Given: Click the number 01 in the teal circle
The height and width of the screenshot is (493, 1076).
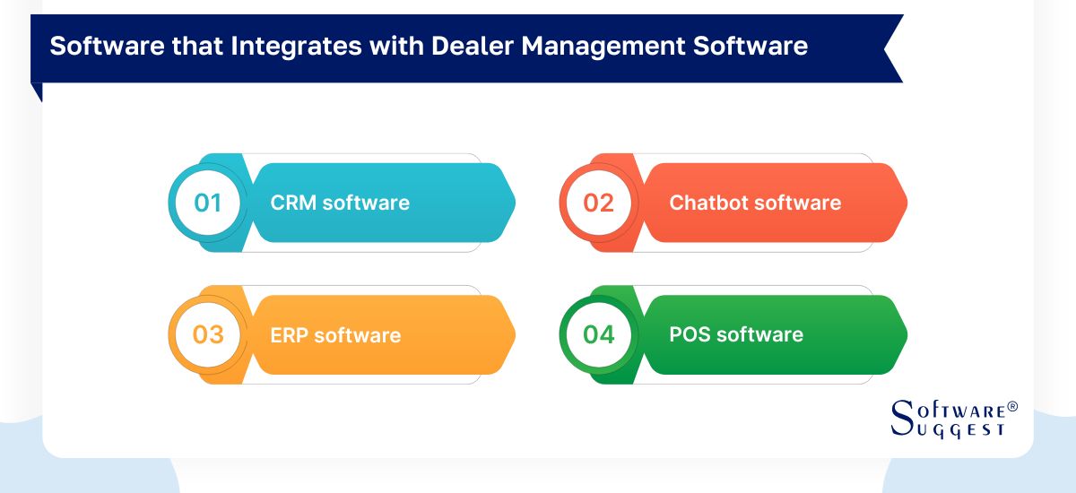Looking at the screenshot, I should tap(208, 203).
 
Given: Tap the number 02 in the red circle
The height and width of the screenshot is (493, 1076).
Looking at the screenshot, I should tap(599, 203).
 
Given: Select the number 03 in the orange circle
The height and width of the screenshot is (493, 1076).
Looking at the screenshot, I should tap(208, 335).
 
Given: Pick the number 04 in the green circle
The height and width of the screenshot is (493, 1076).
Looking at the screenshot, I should tap(599, 335).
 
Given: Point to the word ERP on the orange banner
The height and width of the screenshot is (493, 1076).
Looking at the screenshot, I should tap(289, 335).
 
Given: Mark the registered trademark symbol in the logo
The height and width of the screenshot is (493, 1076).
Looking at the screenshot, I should tap(1012, 407).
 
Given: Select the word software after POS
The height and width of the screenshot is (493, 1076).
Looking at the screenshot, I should tap(759, 335).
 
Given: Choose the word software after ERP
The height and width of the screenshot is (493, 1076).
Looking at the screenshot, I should tap(357, 335).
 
